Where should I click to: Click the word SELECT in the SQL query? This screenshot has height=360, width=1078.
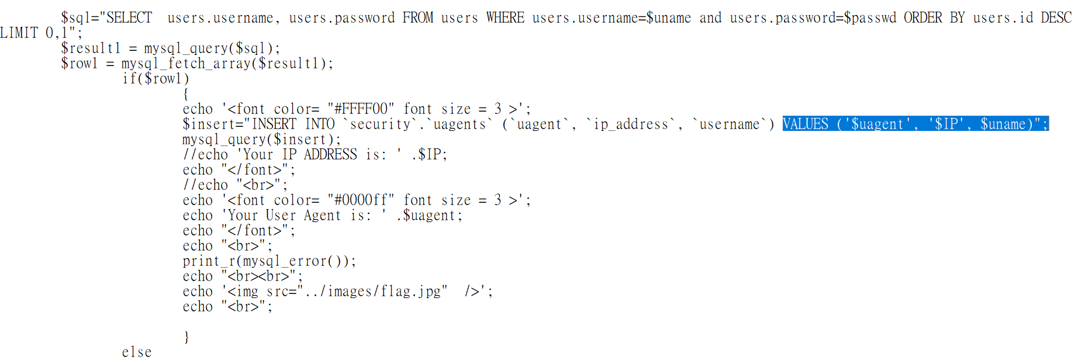129,18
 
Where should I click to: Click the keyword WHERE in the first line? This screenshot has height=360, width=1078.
505,18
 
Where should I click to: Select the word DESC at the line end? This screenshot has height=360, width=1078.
1056,18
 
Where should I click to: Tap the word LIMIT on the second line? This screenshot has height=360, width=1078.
19,33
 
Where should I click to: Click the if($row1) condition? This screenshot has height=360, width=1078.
156,79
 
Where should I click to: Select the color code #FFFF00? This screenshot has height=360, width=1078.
361,109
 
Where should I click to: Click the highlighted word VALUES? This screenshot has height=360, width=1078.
806,124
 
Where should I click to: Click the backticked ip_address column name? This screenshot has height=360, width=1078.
631,124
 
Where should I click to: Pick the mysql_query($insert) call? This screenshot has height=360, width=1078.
261,140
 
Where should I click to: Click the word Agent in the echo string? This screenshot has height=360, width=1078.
322,216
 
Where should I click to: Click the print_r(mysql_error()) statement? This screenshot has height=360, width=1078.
269,261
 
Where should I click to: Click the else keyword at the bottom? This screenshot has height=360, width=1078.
137,352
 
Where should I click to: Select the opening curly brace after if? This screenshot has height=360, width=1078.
186,94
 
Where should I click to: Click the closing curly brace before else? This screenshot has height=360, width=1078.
186,337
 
